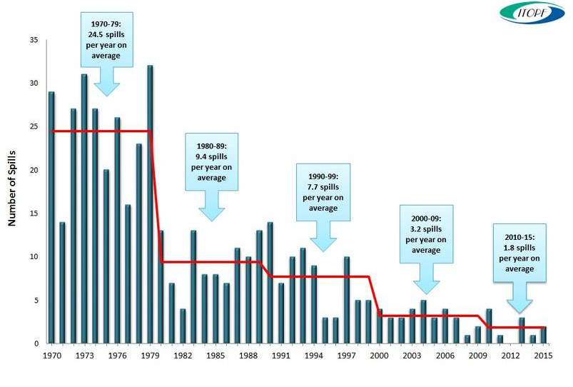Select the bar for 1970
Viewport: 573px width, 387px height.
coord(51,218)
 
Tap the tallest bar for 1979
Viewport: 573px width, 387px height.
coord(150,205)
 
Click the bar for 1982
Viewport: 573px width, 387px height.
coord(183,326)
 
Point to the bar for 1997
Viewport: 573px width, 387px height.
coord(347,301)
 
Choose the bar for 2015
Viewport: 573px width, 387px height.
coord(544,335)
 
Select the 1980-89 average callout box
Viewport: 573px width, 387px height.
coord(211,161)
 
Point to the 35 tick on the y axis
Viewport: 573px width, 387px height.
coord(34,39)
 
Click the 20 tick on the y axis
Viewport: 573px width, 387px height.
coord(34,170)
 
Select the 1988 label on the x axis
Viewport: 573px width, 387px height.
coord(249,355)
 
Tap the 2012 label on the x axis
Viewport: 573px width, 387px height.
coord(511,355)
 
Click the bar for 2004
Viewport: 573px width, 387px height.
coord(423,322)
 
